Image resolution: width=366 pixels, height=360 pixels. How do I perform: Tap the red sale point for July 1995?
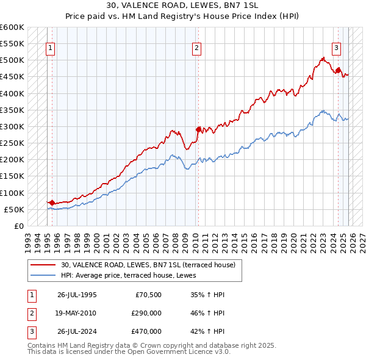pyautogui.click(x=52, y=203)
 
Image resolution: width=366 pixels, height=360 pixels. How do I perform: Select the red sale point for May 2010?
pyautogui.click(x=198, y=129)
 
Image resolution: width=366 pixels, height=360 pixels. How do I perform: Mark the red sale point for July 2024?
pyautogui.click(x=338, y=70)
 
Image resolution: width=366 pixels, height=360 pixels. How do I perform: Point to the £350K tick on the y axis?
pyautogui.click(x=12, y=110)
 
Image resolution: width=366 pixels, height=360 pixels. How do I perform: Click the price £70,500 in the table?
pyautogui.click(x=148, y=294)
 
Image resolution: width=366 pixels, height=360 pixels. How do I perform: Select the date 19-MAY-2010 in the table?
pyautogui.click(x=77, y=312)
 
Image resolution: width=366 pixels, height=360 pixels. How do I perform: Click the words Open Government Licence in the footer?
pyautogui.click(x=160, y=352)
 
